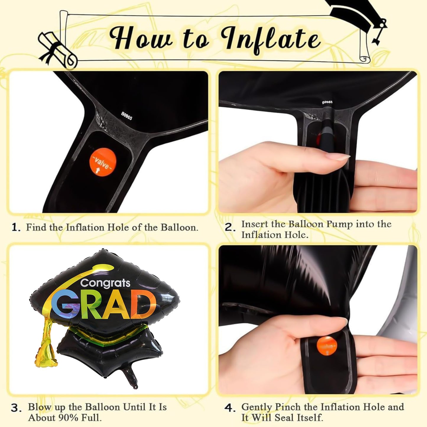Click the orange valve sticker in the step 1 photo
point(103,163)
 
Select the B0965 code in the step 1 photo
point(126,116)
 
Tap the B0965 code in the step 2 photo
point(327,103)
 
